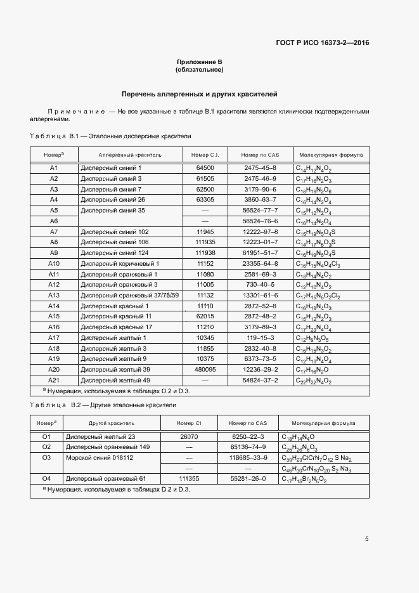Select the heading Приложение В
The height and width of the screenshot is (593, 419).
(199, 62)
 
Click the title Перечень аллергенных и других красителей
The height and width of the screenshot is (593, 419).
(199, 94)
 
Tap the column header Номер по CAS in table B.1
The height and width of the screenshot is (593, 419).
(260, 154)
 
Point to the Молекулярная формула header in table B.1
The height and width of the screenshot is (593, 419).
(331, 154)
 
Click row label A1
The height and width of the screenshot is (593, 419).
(54, 168)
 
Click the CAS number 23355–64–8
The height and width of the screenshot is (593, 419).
(260, 263)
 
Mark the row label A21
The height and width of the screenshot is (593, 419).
(54, 380)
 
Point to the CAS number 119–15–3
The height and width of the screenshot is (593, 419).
(260, 337)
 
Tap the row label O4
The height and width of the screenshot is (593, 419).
(46, 478)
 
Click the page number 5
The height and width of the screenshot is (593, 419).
(367, 539)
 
